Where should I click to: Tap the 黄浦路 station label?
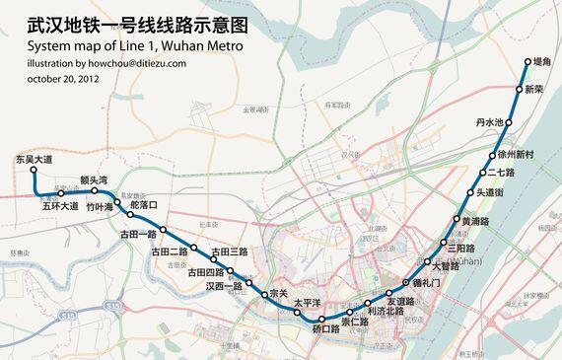[x=475, y=222]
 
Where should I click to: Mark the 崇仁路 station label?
[x=355, y=323]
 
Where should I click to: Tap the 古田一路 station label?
[x=138, y=235]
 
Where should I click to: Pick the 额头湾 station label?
[x=99, y=180]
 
